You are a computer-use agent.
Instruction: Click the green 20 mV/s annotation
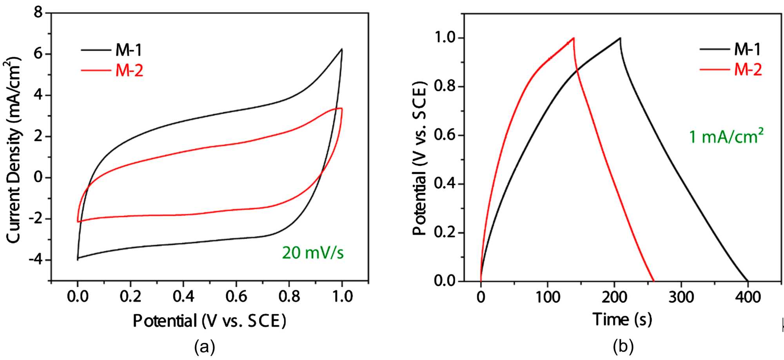point(312,253)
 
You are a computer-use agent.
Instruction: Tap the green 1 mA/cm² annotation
point(726,136)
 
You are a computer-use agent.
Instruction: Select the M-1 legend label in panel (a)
point(129,50)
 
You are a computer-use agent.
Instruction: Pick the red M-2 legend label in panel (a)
point(129,71)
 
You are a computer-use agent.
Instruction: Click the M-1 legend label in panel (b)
point(747,49)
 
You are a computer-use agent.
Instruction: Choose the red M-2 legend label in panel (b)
point(748,70)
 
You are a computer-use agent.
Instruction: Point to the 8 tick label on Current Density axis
point(38,13)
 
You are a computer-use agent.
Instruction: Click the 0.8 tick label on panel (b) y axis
point(445,86)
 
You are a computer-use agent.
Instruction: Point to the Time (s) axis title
point(622,320)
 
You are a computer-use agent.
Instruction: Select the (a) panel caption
point(205,347)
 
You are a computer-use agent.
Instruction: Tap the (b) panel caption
point(623,347)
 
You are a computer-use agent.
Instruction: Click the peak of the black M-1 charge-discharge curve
point(620,38)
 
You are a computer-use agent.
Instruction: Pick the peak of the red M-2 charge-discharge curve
point(573,38)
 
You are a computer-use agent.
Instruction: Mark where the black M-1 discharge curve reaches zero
point(748,281)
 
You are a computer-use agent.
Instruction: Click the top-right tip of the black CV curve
point(342,49)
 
